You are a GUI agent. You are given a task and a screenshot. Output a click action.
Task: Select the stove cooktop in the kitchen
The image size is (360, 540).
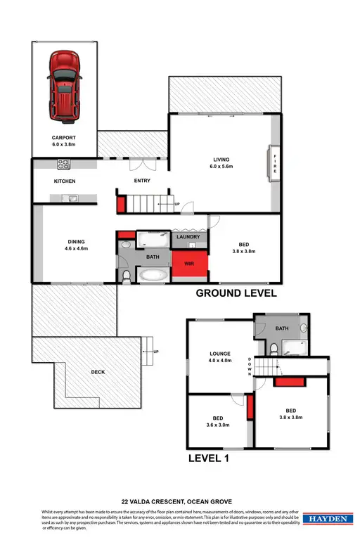tap(63, 166)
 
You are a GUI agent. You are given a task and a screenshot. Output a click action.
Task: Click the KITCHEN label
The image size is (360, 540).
tap(64, 181)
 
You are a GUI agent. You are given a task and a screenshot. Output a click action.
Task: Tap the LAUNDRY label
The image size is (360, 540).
tap(188, 237)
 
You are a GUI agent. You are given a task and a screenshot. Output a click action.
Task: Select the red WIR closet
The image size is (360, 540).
tap(190, 264)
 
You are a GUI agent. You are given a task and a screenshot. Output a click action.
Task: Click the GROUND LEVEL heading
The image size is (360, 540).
tap(236, 293)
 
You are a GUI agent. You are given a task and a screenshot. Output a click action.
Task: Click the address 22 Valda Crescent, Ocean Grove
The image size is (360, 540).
tap(179, 501)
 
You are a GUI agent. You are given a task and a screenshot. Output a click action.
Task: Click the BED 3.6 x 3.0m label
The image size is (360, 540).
tap(217, 420)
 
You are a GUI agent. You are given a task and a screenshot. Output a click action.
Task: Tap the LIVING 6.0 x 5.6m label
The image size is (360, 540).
tap(221, 163)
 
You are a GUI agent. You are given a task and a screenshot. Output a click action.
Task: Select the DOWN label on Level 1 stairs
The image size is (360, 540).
tap(250, 367)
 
